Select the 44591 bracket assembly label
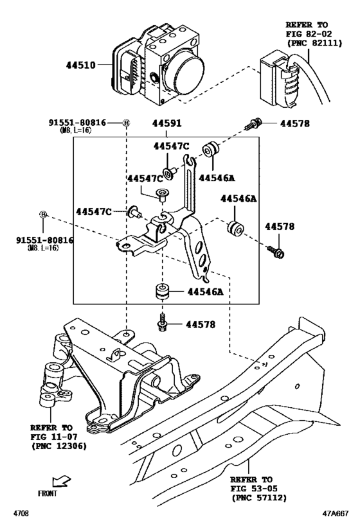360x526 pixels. tap(167, 123)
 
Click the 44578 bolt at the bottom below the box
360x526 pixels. tap(163, 324)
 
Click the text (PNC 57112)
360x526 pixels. tap(258, 496)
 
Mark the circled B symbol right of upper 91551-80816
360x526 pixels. tap(127, 123)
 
